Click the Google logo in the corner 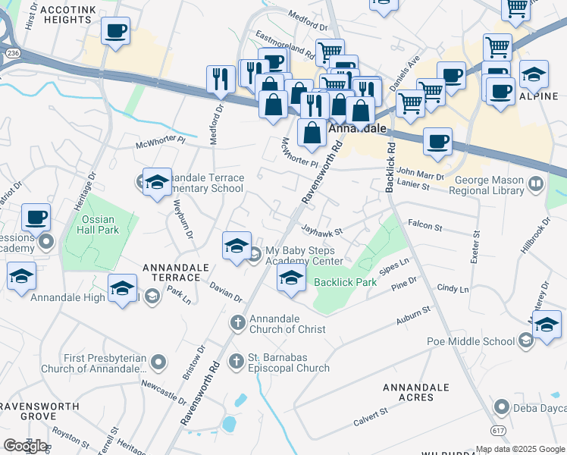point(26,446)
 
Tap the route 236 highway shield point(12,53)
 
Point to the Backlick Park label point(346,283)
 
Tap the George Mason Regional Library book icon point(537,184)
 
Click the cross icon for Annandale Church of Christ point(237,324)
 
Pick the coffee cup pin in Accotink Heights point(115,33)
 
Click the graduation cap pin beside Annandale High point(123,290)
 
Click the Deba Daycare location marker point(501,408)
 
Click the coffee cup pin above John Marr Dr point(437,141)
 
